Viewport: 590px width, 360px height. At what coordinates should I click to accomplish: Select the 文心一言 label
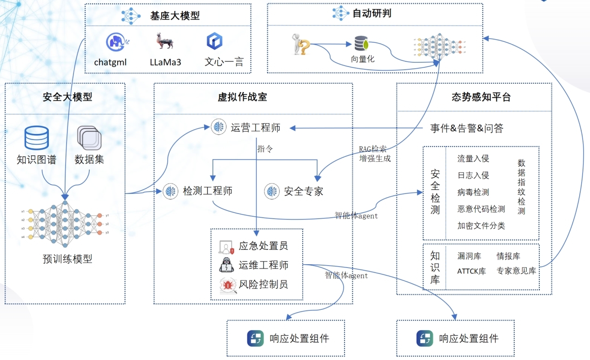pos(224,62)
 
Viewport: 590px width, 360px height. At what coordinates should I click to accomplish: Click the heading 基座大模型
pos(174,15)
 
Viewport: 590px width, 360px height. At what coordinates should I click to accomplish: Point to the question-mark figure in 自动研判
pos(301,44)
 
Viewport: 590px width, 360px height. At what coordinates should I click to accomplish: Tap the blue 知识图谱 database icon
pos(37,138)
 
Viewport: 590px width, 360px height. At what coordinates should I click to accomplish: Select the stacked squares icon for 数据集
pos(89,138)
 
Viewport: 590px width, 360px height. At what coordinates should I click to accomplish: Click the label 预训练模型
pos(67,259)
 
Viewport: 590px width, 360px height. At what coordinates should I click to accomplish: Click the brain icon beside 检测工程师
pos(171,191)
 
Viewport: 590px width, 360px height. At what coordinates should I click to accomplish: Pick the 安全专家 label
pos(303,191)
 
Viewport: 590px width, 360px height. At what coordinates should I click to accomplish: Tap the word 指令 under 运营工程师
pos(265,149)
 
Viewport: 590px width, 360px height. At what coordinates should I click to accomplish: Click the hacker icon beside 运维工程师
pos(226,265)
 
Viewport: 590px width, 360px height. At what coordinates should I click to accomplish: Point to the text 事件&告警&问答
pos(466,128)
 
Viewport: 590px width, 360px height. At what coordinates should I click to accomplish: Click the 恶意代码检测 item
pos(481,209)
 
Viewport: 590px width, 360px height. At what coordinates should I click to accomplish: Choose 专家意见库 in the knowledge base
pos(516,271)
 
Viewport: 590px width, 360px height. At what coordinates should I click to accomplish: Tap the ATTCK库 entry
pos(471,271)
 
